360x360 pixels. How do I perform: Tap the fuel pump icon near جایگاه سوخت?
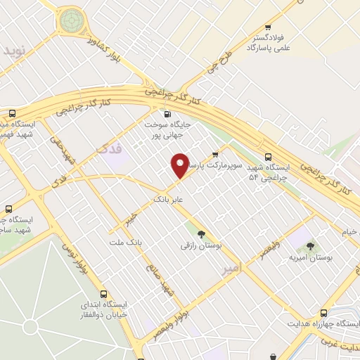pos(167,115)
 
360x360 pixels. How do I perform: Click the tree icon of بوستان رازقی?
pos(202,235)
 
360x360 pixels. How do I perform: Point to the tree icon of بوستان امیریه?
pos(310,246)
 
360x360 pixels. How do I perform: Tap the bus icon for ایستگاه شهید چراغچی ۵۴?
pos(267,157)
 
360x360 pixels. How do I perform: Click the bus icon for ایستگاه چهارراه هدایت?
pos(324,312)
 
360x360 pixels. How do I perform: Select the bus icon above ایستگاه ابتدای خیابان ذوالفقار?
pos(103,295)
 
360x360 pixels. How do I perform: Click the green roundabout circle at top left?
pos(70,20)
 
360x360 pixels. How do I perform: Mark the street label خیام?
pos(349,231)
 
